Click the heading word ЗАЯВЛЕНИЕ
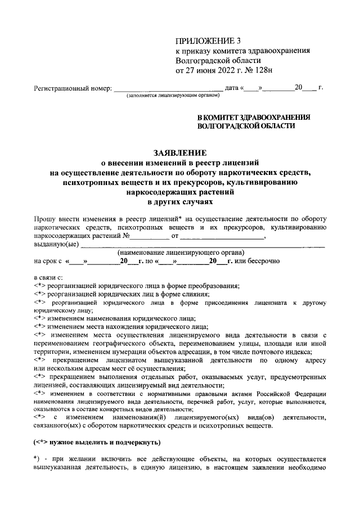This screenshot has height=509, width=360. point(180,152)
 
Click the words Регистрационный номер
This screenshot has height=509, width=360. point(72,88)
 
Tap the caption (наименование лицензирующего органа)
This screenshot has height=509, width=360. point(181,253)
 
